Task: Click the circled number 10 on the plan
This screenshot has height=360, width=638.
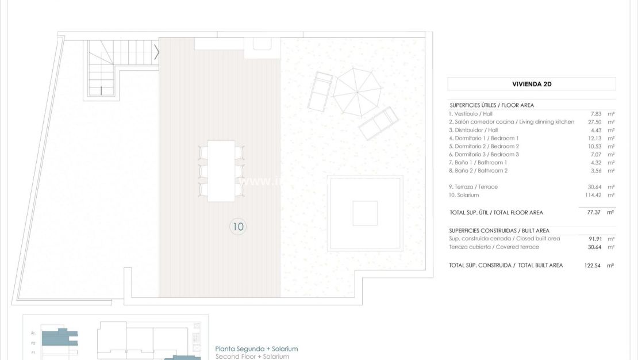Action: (237, 227)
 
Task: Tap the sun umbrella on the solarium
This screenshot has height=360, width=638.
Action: (357, 91)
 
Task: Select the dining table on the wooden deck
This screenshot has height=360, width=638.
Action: (221, 171)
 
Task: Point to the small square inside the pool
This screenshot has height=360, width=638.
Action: (365, 213)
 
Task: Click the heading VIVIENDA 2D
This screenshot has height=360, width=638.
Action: (532, 84)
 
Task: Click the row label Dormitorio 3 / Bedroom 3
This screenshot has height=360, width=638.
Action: (484, 154)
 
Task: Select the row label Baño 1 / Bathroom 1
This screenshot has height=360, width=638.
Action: (478, 162)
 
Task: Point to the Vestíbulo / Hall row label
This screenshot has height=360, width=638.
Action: (471, 114)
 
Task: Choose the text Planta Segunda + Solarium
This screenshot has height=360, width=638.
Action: (256, 349)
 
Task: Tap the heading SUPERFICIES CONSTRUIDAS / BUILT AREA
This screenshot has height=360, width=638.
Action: (499, 231)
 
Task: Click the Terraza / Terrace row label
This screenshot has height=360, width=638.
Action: (474, 187)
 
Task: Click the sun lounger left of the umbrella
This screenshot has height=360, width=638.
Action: (320, 91)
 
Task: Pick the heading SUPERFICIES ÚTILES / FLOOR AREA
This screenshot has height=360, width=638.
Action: (491, 105)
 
